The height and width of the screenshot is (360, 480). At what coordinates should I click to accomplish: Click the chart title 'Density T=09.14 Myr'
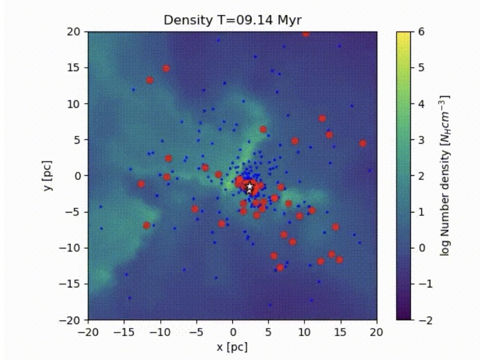tap(232, 21)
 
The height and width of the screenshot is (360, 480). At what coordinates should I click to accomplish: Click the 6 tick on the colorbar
tap(420, 32)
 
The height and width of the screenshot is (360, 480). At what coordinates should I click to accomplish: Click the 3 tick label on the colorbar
tap(420, 140)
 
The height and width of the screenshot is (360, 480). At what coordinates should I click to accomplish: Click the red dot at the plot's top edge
tap(306, 33)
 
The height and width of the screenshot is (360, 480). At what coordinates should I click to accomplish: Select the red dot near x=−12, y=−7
tap(146, 225)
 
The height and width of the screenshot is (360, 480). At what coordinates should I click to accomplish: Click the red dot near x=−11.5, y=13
tap(150, 80)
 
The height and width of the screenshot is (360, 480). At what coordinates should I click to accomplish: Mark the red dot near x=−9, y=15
tap(166, 68)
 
